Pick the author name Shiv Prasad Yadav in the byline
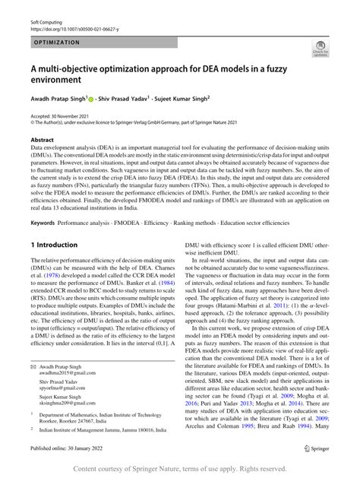tap(146, 97)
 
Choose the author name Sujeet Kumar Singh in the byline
tap(227, 97)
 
